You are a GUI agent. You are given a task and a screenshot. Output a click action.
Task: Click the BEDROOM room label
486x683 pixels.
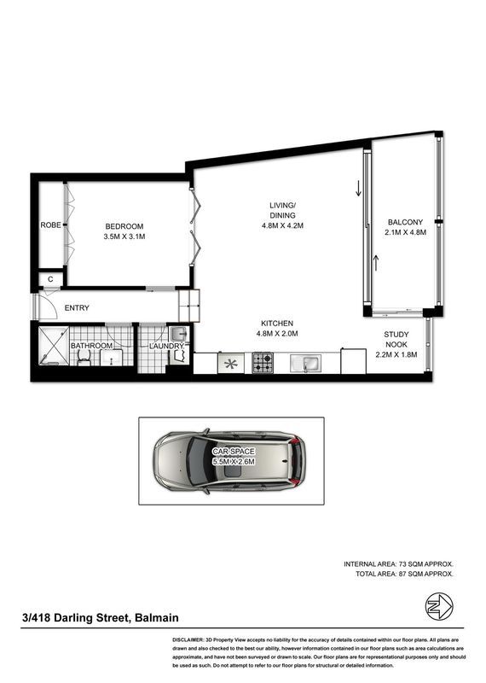[124, 226]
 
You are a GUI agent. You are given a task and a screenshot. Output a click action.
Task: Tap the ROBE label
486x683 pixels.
[50, 225]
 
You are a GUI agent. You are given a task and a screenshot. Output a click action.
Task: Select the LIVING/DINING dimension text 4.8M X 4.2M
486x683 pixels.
[282, 225]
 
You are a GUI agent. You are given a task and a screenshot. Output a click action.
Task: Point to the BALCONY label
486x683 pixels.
[405, 222]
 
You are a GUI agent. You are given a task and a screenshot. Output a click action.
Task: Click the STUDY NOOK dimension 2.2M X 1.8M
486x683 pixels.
[396, 354]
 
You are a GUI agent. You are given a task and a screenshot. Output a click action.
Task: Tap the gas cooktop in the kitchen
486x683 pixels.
[263, 363]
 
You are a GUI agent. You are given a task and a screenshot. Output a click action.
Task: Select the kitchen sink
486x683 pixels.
[305, 364]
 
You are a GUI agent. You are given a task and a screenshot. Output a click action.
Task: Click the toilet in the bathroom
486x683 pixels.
[84, 357]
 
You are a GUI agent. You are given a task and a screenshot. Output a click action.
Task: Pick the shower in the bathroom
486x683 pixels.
[54, 346]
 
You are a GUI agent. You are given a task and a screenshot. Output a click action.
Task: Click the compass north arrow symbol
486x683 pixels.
[439, 606]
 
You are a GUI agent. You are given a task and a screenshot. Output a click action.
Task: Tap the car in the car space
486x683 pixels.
[229, 462]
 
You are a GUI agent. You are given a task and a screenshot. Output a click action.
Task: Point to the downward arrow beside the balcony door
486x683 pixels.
[358, 189]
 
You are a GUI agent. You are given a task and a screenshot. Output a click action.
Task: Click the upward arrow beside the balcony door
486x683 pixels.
[376, 263]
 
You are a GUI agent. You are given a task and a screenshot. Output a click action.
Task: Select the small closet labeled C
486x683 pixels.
[50, 279]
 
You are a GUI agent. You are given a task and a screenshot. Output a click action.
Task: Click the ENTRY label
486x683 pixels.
[77, 308]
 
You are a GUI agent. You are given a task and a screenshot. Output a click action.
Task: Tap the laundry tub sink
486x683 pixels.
[179, 335]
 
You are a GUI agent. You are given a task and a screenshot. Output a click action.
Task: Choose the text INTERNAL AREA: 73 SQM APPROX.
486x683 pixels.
[398, 564]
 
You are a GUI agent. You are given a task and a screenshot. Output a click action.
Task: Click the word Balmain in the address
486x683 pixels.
[157, 617]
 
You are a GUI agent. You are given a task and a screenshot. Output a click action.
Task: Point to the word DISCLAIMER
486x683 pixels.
[188, 640]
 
